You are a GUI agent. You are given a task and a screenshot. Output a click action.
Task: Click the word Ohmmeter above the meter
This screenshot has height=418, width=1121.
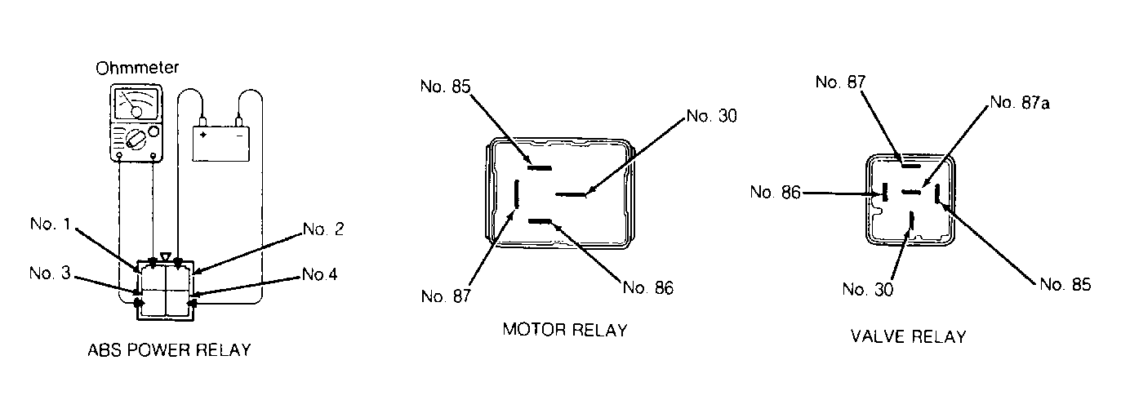tap(137, 68)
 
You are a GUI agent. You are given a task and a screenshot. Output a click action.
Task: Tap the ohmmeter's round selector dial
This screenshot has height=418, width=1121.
tap(136, 138)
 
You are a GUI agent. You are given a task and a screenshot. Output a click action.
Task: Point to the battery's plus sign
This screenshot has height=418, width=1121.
tap(203, 136)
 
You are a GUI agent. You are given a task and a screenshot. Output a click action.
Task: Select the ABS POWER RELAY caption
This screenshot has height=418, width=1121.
tap(169, 350)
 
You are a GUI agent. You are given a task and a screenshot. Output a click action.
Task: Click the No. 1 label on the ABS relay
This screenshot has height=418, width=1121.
tap(51, 224)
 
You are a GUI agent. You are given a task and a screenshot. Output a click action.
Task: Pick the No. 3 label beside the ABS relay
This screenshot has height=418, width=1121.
tap(50, 273)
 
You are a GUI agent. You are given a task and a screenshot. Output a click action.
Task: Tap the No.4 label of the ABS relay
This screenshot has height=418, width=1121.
tap(320, 274)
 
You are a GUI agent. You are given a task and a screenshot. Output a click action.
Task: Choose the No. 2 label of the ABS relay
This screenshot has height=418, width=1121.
tap(324, 229)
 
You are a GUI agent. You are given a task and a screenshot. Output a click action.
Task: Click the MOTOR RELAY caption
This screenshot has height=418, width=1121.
tap(565, 330)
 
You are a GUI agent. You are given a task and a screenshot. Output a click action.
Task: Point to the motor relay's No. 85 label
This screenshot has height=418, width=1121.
tap(446, 87)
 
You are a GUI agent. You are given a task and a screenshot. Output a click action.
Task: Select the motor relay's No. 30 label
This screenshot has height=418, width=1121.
tap(712, 116)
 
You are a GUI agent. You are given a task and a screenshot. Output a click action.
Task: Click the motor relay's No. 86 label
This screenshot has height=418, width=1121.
tap(648, 288)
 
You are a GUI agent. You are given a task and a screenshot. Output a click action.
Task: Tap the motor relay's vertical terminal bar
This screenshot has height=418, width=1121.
tap(517, 194)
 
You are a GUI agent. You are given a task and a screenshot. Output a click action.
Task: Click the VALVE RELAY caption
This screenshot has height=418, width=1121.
tap(908, 336)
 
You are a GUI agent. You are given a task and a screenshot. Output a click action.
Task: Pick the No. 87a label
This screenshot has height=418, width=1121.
tap(1020, 103)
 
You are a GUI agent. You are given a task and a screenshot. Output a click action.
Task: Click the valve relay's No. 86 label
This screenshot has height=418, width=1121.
tap(775, 192)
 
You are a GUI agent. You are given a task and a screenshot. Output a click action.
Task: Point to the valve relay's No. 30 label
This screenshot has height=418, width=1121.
tap(868, 289)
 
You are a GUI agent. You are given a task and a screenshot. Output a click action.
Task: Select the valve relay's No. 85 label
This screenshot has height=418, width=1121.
tap(1065, 285)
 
